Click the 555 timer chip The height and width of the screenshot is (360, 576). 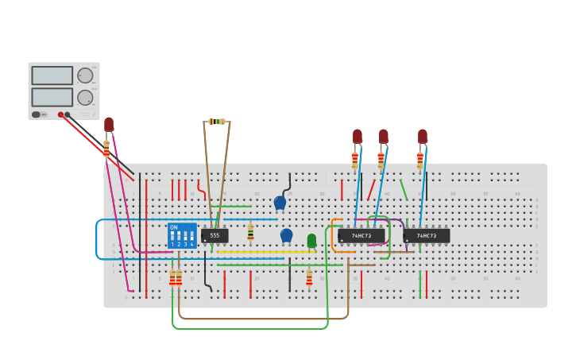tap(215, 235)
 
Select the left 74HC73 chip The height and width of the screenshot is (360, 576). tap(361, 235)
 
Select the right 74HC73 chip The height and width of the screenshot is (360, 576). tap(427, 235)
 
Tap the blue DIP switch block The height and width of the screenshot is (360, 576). tap(182, 235)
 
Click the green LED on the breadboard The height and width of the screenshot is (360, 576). tap(311, 240)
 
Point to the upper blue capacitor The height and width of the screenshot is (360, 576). tap(280, 203)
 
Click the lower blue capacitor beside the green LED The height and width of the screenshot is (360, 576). tap(286, 235)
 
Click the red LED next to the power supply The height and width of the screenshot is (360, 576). tap(109, 125)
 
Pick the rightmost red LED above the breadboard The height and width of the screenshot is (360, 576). tap(422, 136)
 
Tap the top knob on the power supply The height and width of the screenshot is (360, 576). tap(84, 75)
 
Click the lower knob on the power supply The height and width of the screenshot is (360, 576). tap(84, 98)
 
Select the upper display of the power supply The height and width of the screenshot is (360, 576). tap(52, 75)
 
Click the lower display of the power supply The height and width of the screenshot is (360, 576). tap(52, 97)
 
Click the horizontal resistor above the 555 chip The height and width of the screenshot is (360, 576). tap(217, 122)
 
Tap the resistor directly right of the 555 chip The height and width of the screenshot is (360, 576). tap(250, 232)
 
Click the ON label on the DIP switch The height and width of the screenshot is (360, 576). tap(173, 227)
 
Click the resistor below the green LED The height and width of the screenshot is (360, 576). tap(309, 278)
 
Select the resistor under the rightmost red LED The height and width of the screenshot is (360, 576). tap(419, 161)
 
